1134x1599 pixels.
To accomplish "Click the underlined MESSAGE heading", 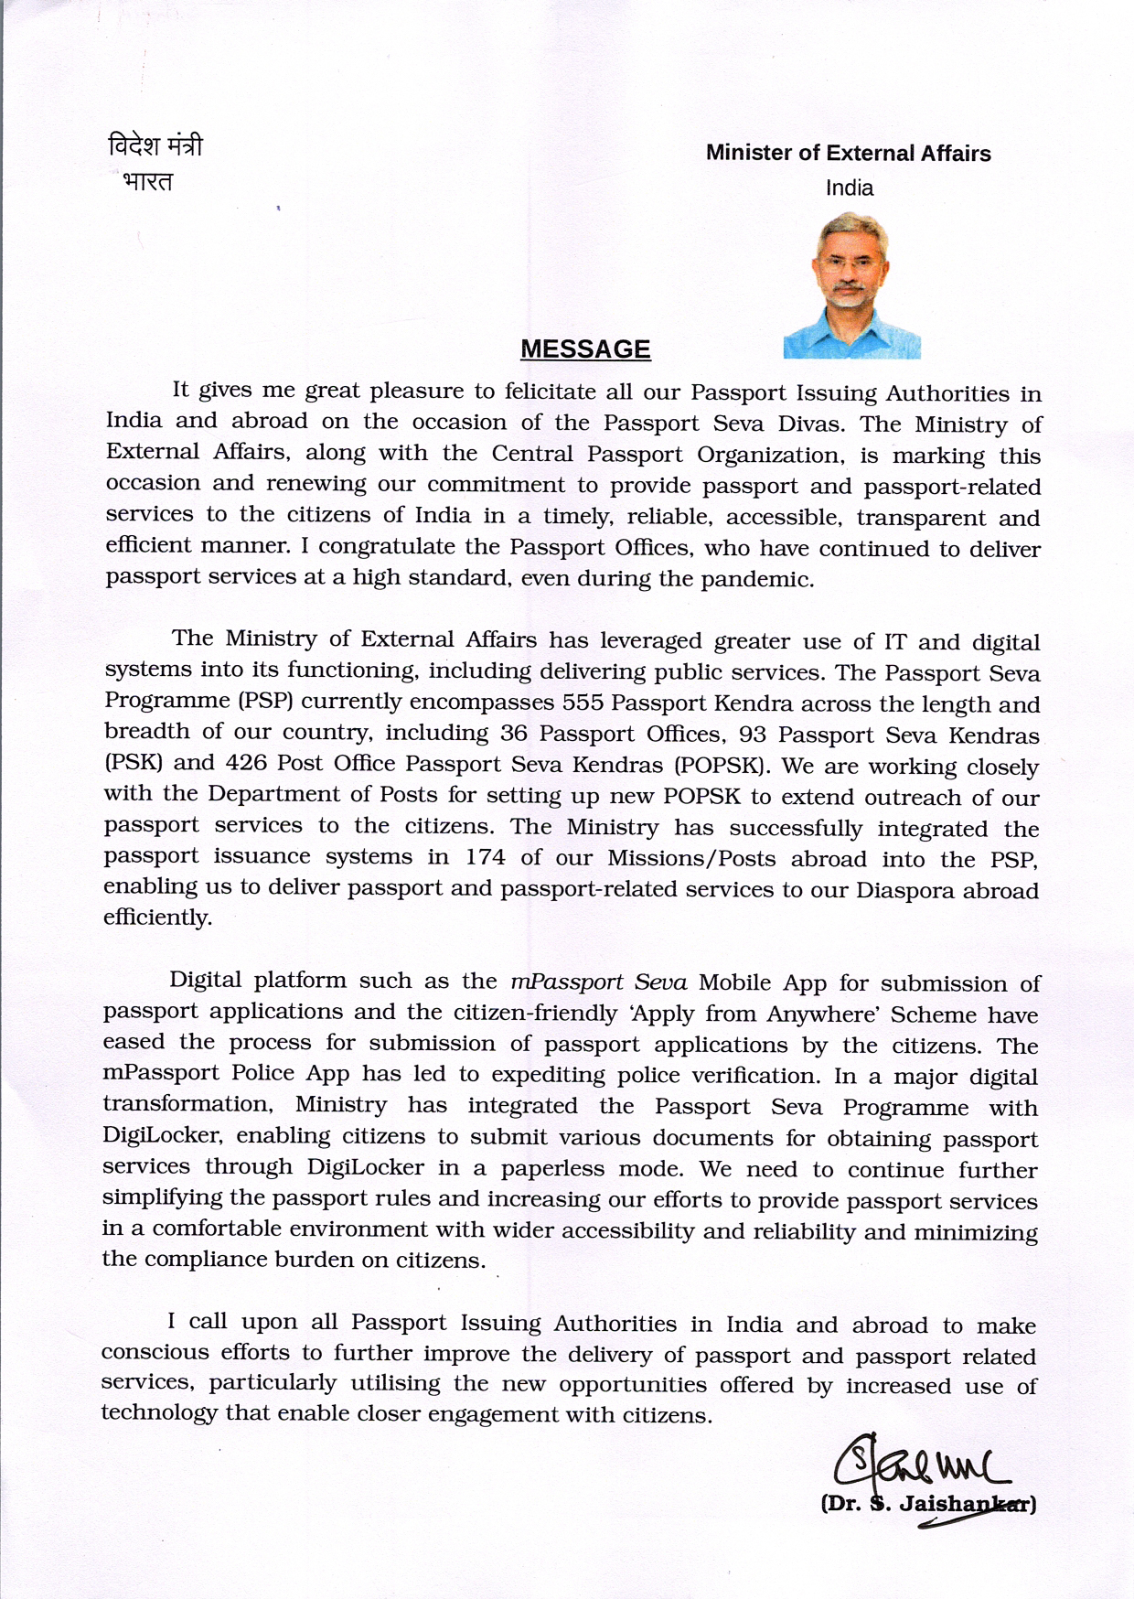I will pos(585,349).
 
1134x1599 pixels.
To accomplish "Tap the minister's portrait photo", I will pos(851,284).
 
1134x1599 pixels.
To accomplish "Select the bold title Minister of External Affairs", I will pos(848,153).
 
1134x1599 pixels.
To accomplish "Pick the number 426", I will pos(245,763).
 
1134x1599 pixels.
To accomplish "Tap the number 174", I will pos(486,858).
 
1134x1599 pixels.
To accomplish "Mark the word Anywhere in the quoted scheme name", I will pos(819,1014).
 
